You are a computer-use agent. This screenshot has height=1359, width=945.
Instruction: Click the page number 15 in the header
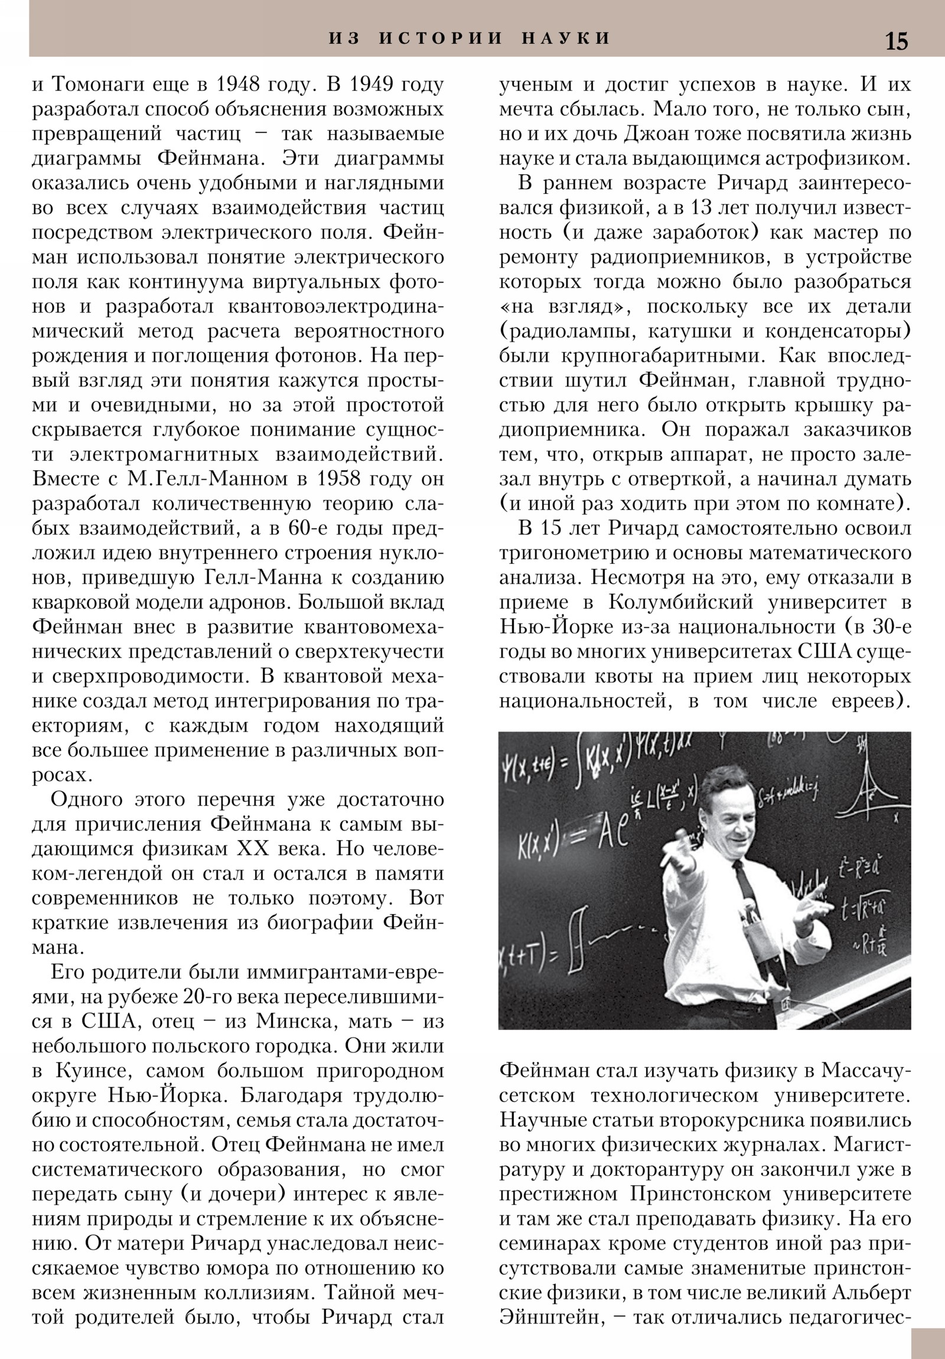[x=896, y=41]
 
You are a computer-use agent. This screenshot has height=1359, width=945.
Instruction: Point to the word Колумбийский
[x=680, y=603]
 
